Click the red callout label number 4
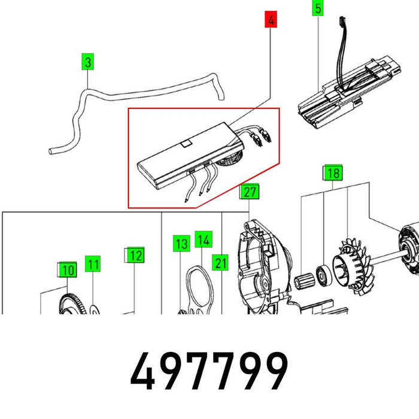tap(271, 19)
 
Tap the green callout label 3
tap(87, 62)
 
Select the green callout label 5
tap(318, 8)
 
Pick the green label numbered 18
tap(333, 172)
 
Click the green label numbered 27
tap(250, 192)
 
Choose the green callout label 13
tap(182, 244)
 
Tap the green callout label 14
tap(204, 239)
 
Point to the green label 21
tap(220, 262)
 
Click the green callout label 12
tap(135, 255)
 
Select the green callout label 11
tap(93, 264)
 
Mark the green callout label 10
tap(68, 269)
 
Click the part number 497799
tap(209, 371)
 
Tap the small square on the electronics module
tap(186, 144)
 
